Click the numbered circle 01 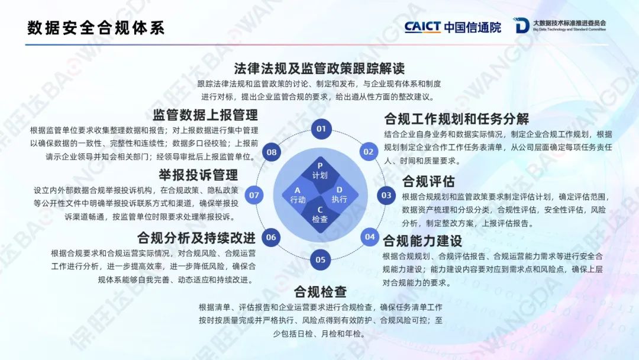[321, 129]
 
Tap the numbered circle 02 [369, 152]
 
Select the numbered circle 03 [386, 195]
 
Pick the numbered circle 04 [370, 237]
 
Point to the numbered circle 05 [320, 260]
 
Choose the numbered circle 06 [271, 237]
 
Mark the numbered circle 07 [254, 195]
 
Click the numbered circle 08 [272, 152]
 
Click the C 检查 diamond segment [320, 215]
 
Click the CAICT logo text [422, 27]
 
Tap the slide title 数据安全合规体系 [96, 28]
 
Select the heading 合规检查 [320, 291]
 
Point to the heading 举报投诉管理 [198, 175]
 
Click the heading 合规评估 [428, 181]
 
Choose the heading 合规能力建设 [422, 241]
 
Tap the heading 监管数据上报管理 [205, 115]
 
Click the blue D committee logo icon [521, 25]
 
